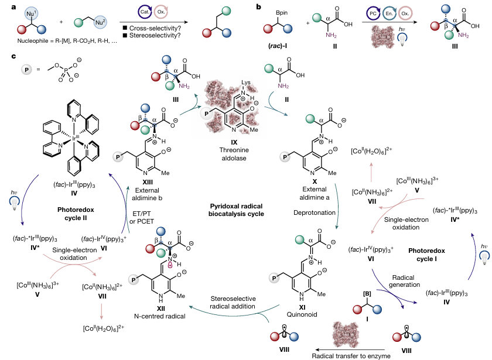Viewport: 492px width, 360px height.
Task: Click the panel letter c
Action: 5,56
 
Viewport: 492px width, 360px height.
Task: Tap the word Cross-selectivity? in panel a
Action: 152,28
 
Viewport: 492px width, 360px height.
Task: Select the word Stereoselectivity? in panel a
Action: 153,37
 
